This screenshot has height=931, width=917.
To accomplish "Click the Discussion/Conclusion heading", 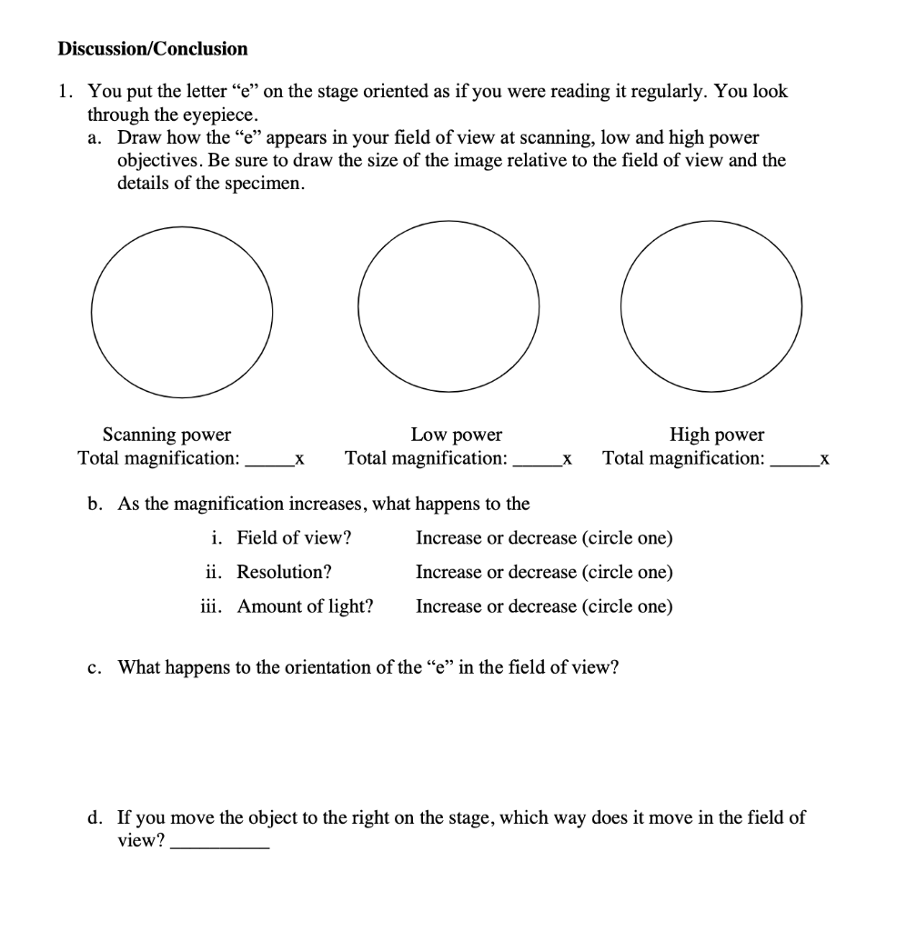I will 152,49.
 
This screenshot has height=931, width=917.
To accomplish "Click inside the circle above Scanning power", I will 182,309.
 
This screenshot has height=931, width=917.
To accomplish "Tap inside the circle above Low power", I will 447,309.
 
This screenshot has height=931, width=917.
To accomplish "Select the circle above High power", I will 711,309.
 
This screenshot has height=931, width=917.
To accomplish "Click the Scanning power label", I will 166,435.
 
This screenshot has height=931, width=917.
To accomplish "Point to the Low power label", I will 456,435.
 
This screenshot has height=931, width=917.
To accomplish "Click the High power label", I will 717,435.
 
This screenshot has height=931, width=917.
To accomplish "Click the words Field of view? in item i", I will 294,537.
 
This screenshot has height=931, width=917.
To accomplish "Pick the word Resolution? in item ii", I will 284,572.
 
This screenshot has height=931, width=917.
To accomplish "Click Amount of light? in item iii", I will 305,606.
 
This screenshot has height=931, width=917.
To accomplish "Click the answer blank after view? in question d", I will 220,843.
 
